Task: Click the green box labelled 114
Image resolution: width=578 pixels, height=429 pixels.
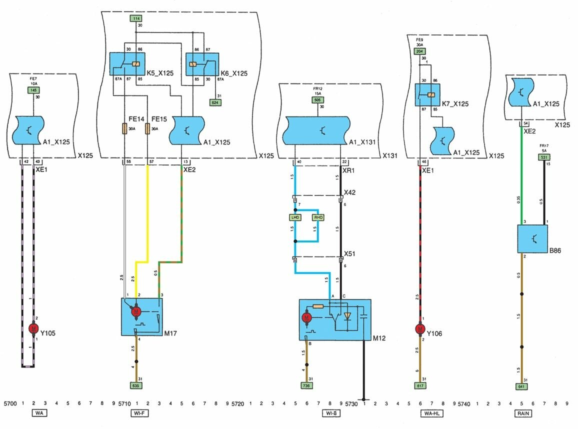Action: [135, 18]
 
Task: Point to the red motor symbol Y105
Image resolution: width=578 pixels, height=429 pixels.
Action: [33, 328]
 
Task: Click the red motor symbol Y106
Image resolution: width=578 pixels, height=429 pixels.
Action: [419, 328]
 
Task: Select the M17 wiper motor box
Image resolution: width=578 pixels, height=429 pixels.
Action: [142, 317]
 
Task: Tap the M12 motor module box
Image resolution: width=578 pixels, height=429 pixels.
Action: [335, 320]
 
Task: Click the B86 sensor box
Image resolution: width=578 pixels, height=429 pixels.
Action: [532, 239]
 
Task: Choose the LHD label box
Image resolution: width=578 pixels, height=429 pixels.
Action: [295, 217]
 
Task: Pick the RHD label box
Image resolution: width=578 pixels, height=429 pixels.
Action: [318, 217]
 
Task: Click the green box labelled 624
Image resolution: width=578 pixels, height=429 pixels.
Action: [216, 102]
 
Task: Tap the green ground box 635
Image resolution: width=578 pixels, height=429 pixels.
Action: [135, 385]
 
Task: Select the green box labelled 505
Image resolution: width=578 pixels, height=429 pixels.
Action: [317, 99]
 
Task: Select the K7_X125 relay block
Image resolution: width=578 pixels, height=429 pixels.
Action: [427, 94]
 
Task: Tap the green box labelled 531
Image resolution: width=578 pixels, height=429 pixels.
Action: [544, 157]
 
